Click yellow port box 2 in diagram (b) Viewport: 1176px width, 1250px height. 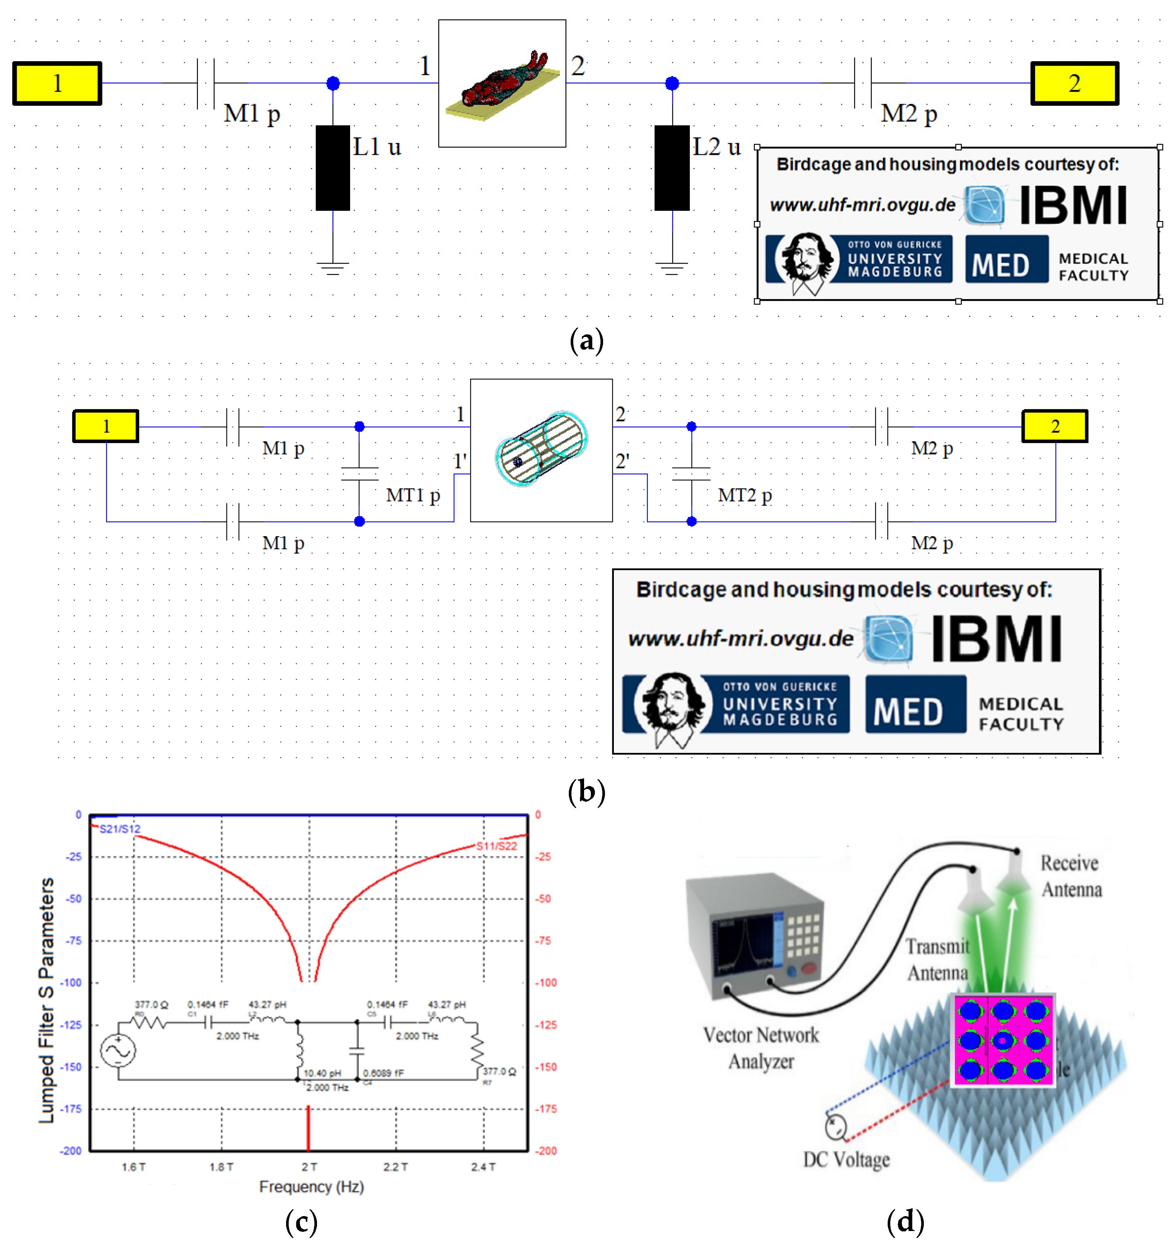pyautogui.click(x=1055, y=426)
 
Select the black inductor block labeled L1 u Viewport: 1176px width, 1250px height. pyautogui.click(x=333, y=168)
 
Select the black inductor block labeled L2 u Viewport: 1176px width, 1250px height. pyautogui.click(x=672, y=168)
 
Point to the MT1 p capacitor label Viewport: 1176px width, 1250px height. pyautogui.click(x=412, y=496)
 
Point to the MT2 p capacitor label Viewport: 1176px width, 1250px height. pyautogui.click(x=745, y=496)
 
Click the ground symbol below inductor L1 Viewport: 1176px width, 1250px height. pyautogui.click(x=333, y=268)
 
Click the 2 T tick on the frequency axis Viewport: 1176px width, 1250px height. pyautogui.click(x=309, y=1167)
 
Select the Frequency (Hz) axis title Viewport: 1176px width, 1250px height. pyautogui.click(x=311, y=1186)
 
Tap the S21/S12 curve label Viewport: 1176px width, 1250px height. pyautogui.click(x=120, y=829)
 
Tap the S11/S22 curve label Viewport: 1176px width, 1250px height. pyautogui.click(x=496, y=846)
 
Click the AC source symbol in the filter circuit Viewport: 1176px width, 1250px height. pyautogui.click(x=118, y=1051)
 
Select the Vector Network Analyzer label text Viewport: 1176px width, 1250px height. pyautogui.click(x=761, y=1048)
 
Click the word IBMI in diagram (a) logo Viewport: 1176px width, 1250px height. pyautogui.click(x=1073, y=206)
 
